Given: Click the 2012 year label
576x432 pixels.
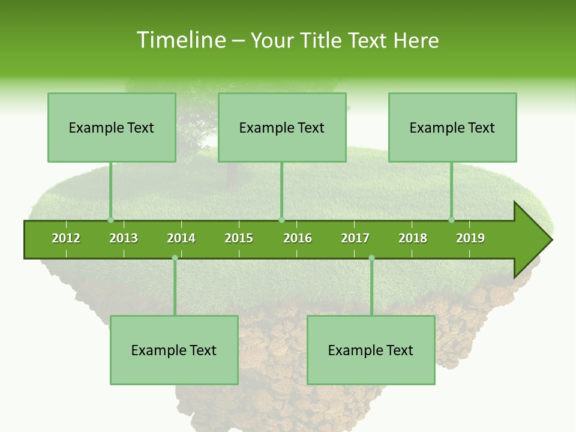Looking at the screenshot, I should (66, 238).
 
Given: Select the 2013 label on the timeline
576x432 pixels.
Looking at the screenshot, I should (124, 238).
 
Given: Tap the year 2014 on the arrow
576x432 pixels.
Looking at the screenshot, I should (181, 238).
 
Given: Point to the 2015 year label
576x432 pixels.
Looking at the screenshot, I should (239, 238).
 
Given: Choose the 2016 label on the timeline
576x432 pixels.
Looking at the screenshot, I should (298, 238).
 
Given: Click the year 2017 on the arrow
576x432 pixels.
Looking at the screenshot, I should (355, 238).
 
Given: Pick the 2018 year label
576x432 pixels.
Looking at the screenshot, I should (413, 238).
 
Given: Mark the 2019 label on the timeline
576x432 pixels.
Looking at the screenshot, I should (470, 238).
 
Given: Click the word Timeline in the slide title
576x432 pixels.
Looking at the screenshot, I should (179, 40).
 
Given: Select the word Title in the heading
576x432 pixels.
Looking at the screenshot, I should (322, 40).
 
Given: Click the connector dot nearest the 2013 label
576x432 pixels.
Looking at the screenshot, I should (110, 220).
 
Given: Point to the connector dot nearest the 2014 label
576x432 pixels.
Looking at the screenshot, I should (175, 258).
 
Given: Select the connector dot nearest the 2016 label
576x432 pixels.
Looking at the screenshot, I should (281, 220).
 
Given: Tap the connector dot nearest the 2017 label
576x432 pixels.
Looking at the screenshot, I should (371, 258).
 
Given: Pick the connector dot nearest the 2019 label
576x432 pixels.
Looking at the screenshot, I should (452, 220).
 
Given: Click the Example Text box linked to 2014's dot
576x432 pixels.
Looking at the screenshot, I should (174, 350).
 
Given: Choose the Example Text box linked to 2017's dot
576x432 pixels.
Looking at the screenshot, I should (371, 350).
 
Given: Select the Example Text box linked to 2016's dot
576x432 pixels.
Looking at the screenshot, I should (282, 128).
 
